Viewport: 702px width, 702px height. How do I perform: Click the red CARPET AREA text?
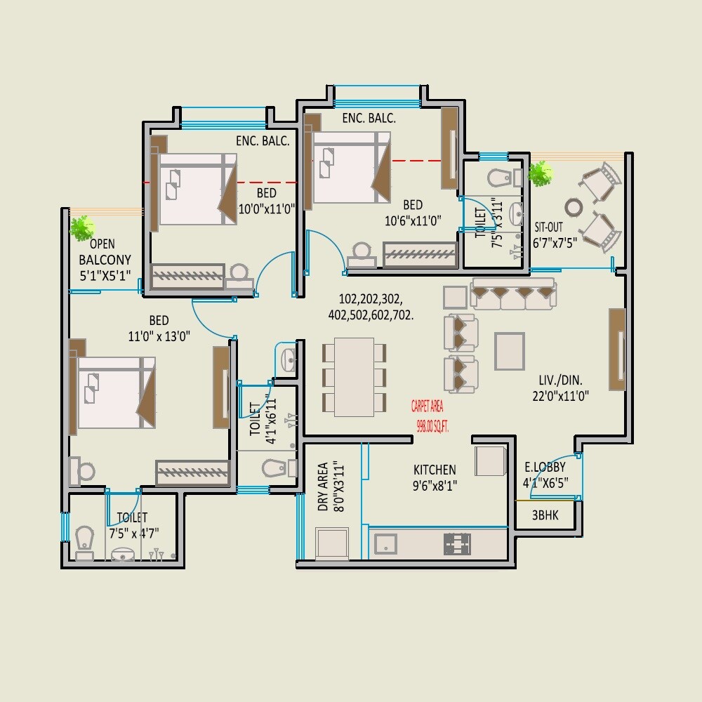428,414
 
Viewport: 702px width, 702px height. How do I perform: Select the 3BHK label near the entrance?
545,515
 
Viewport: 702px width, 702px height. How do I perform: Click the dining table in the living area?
354,377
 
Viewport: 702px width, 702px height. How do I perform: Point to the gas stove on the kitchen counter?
456,543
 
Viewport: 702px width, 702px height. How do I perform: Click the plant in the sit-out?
541,173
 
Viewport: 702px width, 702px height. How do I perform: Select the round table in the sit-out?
574,207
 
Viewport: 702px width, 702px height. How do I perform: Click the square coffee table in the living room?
510,350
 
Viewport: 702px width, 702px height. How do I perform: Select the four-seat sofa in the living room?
514,294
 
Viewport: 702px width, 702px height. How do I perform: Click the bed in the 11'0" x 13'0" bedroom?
116,392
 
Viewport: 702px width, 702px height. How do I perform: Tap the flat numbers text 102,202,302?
371,306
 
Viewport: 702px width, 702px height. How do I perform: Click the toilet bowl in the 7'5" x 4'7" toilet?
84,542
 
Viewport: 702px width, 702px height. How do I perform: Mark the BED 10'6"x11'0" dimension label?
412,212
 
